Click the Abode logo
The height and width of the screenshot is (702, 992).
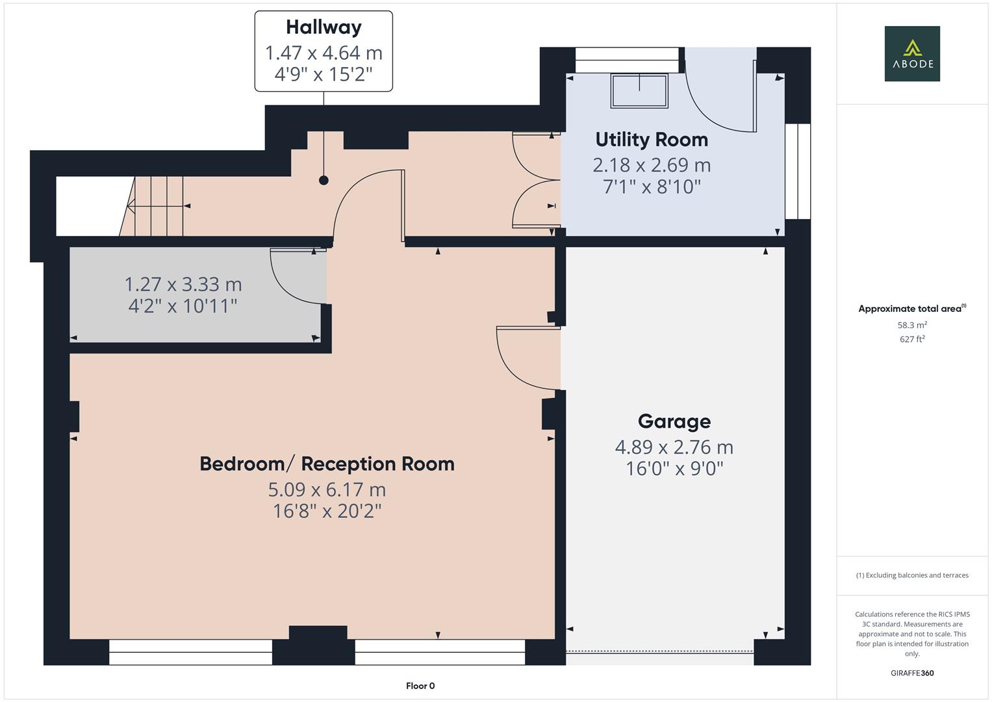point(911,53)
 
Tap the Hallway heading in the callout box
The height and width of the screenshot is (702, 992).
point(324,27)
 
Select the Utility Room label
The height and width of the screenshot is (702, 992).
point(652,140)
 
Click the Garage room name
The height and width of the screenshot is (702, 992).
point(674,422)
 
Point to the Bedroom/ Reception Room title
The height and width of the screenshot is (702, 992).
point(327,464)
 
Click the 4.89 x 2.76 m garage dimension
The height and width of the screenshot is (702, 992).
point(674,447)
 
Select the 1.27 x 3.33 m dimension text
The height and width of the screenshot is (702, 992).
point(183,285)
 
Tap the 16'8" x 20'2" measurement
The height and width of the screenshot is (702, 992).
point(327,512)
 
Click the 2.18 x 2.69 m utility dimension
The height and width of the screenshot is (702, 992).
point(652,165)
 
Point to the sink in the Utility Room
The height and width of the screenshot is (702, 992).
point(639,90)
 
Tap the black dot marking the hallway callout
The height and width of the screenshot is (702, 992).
point(324,181)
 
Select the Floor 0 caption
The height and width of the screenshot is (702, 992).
point(420,686)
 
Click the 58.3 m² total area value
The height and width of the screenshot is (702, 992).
point(911,325)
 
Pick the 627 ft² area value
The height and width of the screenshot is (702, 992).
point(911,339)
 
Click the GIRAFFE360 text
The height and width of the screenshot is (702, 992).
point(911,673)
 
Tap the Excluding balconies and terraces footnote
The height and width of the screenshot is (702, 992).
point(911,575)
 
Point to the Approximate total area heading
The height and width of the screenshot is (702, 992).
point(911,309)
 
